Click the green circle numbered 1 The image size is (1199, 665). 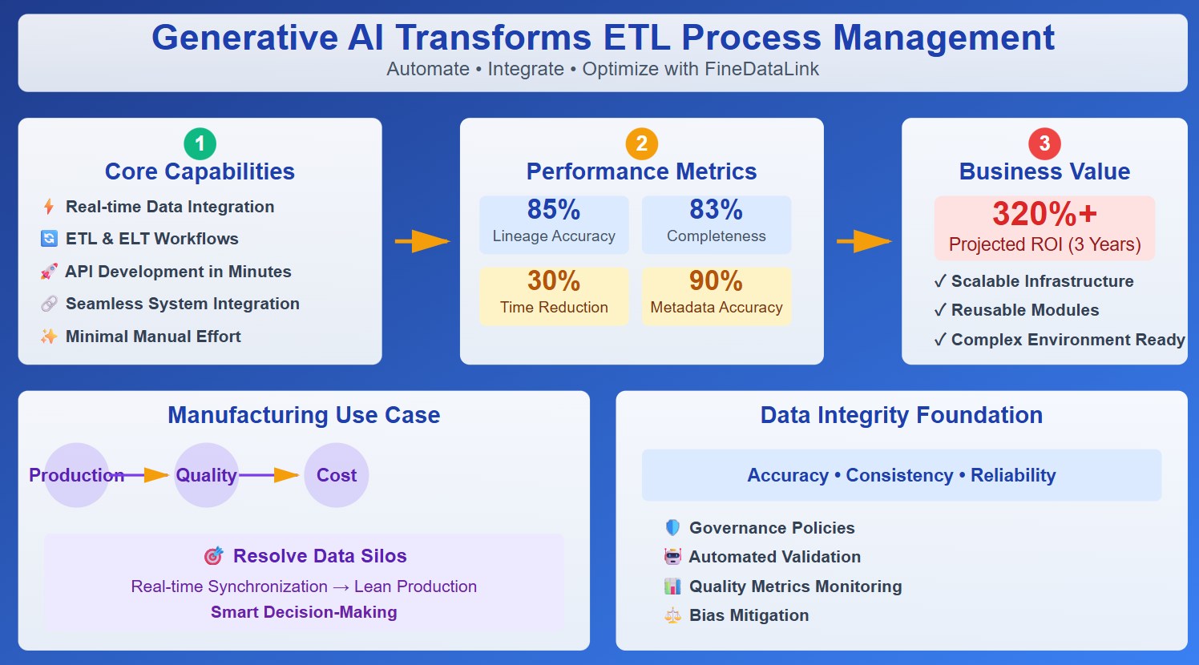tap(200, 144)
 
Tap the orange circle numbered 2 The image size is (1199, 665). tap(641, 144)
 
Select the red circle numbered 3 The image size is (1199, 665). tap(1044, 144)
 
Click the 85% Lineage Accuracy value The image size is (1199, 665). tap(554, 210)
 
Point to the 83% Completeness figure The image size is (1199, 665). tap(716, 210)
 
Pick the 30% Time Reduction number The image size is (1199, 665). tap(554, 281)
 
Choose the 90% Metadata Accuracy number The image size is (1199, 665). tap(716, 281)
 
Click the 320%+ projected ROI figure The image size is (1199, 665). tap(1044, 214)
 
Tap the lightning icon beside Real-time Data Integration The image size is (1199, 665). tap(49, 207)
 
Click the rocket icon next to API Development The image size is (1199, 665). tap(49, 272)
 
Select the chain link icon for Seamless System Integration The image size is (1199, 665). tap(49, 304)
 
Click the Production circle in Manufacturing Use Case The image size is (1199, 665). tap(76, 475)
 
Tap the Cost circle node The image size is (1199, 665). tap(337, 475)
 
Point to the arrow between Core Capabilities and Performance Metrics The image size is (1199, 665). tap(422, 241)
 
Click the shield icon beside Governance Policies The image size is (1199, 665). tap(672, 528)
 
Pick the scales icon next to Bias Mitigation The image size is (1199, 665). tap(672, 615)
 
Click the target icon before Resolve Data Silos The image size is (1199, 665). tap(213, 556)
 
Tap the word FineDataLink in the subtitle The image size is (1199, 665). tap(761, 69)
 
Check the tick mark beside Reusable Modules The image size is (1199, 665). tap(940, 310)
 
